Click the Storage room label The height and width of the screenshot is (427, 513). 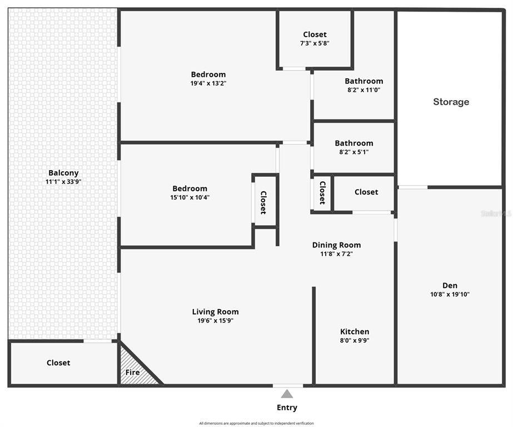click(451, 102)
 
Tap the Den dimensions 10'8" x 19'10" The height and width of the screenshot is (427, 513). click(450, 295)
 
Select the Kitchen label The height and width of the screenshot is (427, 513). click(355, 332)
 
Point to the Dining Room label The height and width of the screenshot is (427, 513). click(336, 245)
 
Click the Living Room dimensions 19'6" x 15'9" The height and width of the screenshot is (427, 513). click(215, 321)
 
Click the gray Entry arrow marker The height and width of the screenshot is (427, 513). click(287, 394)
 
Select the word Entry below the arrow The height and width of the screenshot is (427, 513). click(287, 408)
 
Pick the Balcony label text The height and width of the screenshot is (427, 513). click(63, 173)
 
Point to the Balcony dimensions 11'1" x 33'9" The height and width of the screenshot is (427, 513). click(63, 182)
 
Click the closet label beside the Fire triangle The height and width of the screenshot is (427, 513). click(58, 363)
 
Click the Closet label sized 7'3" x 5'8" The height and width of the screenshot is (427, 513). click(315, 43)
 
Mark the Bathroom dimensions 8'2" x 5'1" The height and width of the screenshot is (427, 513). click(353, 152)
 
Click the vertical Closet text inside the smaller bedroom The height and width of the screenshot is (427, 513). click(263, 202)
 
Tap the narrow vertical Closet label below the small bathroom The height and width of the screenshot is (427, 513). click(322, 192)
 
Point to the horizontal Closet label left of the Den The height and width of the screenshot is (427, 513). click(366, 192)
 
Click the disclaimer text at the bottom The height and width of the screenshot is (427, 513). click(256, 424)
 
